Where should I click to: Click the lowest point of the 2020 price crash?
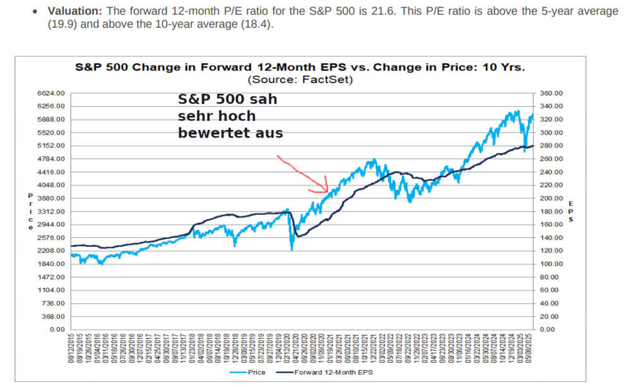(x=292, y=250)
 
